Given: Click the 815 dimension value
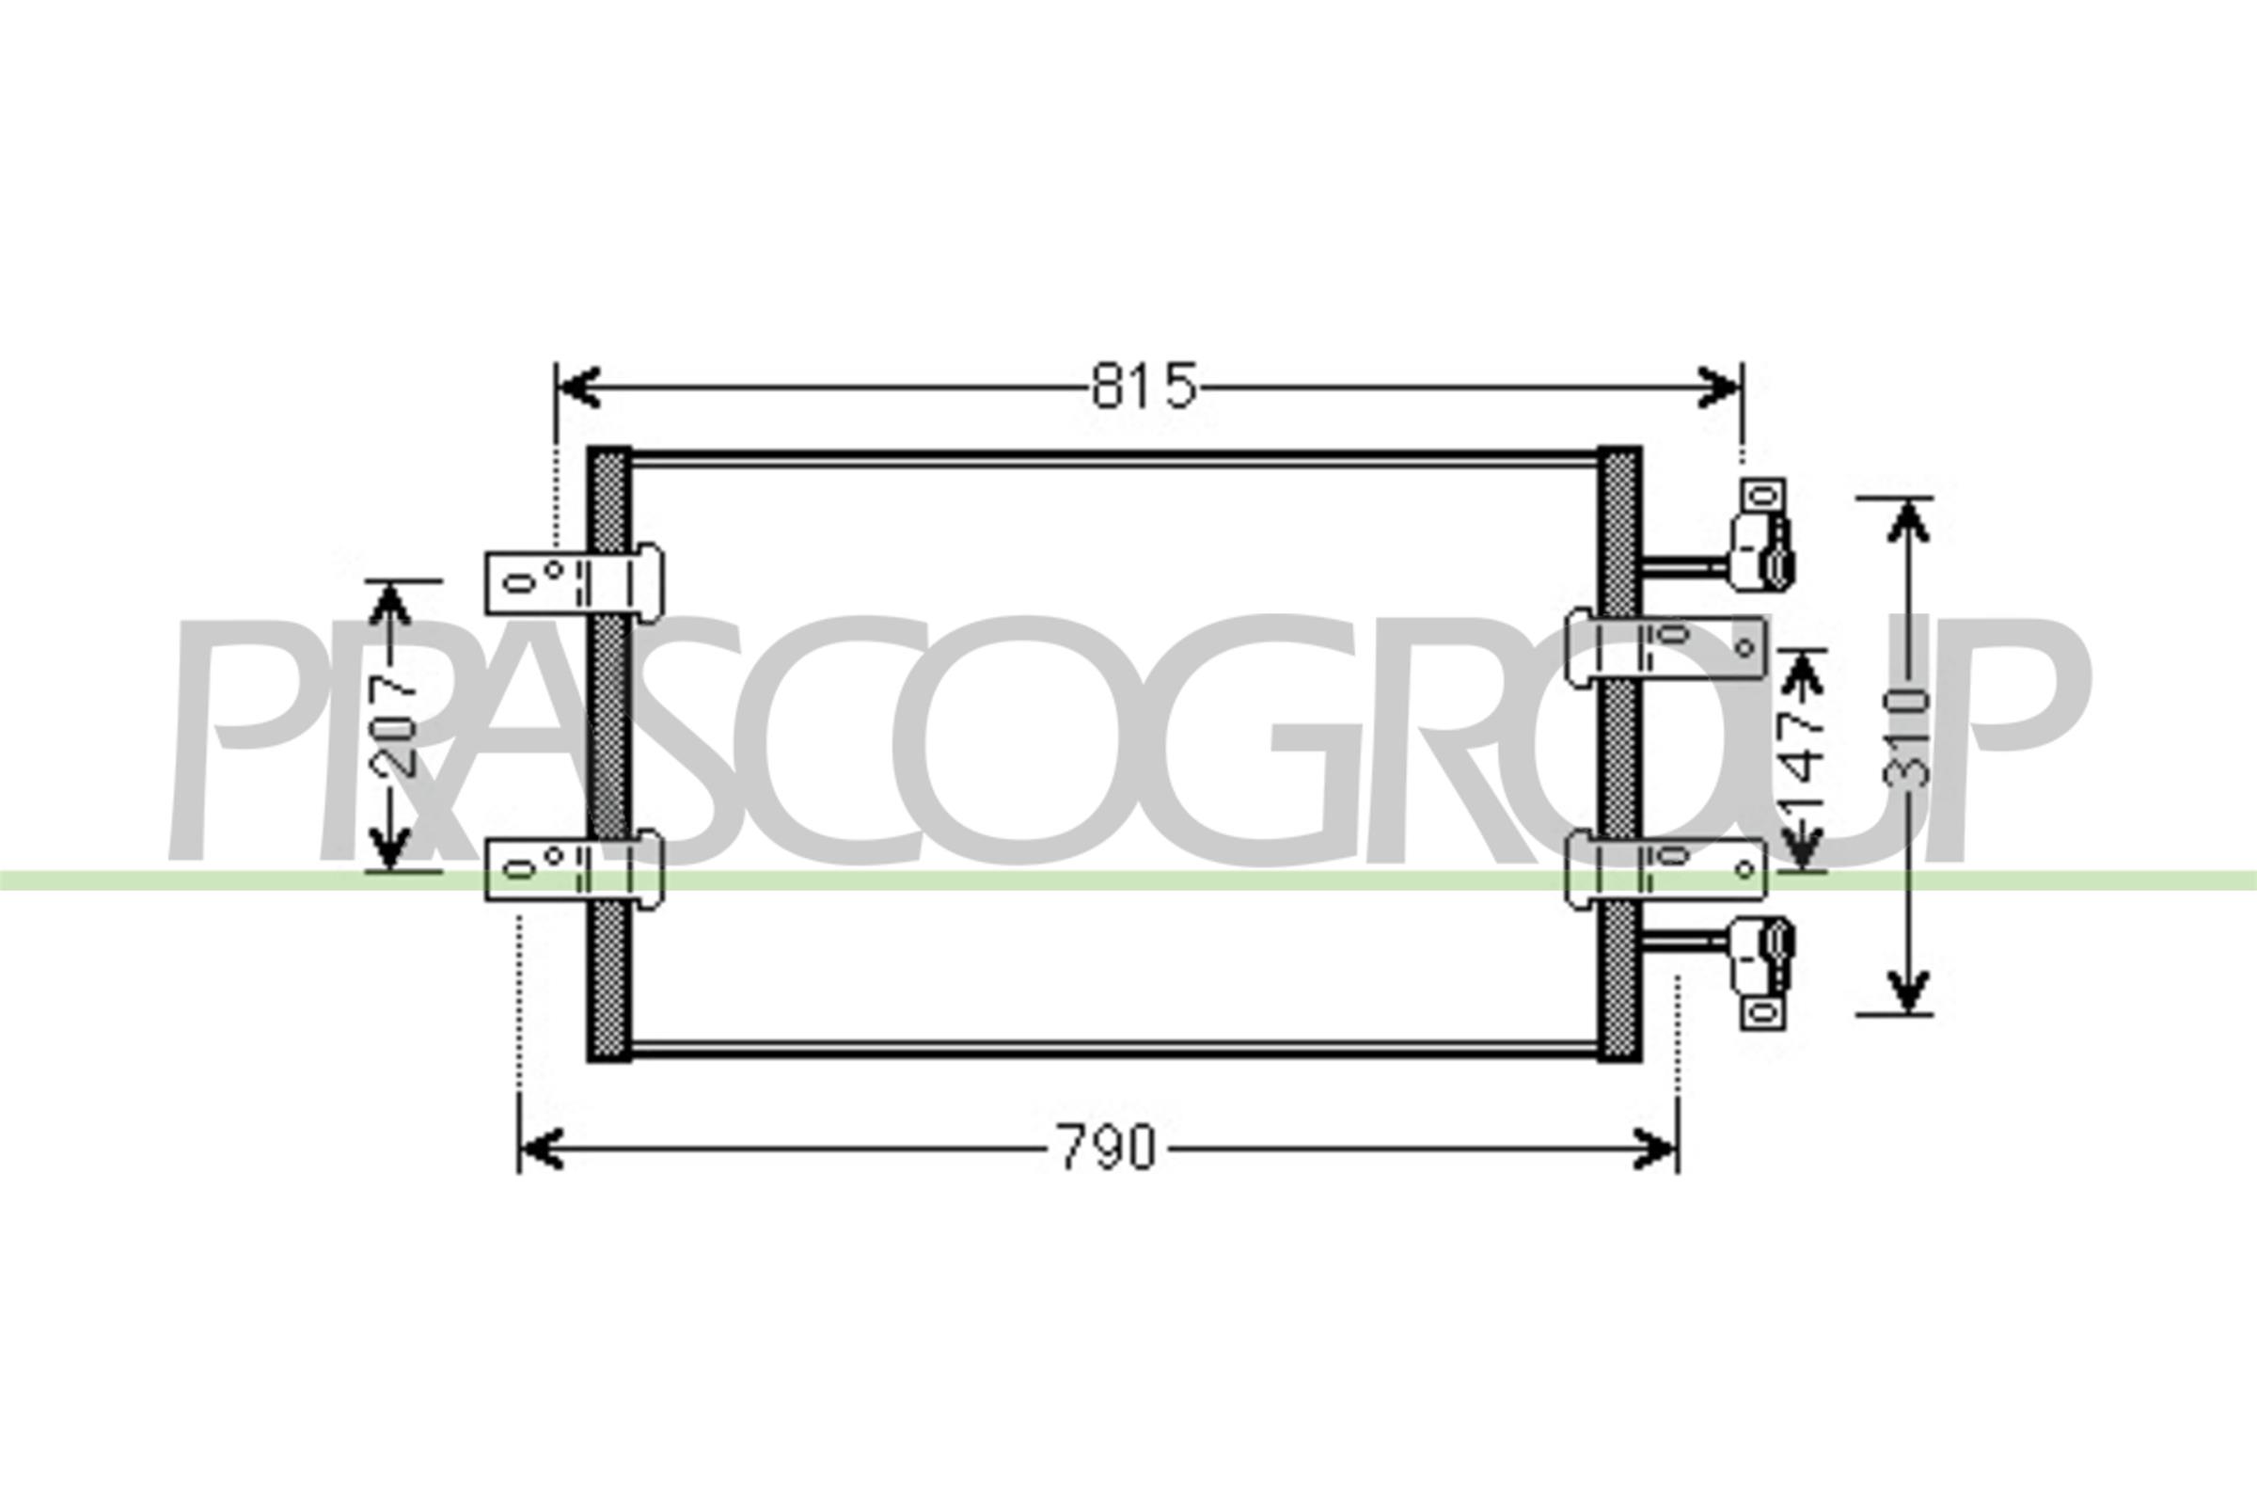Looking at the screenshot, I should tap(1144, 387).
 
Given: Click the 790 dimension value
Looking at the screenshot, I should tap(1108, 1148).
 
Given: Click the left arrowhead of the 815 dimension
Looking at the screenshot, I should tap(579, 387).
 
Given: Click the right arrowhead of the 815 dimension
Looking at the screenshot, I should tap(1720, 387).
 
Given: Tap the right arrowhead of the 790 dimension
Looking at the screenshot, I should tap(1656, 1149).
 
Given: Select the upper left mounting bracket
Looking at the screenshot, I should tap(573, 581).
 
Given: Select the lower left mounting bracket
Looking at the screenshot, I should tap(573, 869).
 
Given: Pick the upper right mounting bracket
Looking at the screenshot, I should tap(1665, 651).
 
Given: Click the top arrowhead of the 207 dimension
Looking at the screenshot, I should tap(389, 603).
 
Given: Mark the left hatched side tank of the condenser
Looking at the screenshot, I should tap(608, 753).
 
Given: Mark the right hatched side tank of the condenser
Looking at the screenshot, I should tap(1618, 753).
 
